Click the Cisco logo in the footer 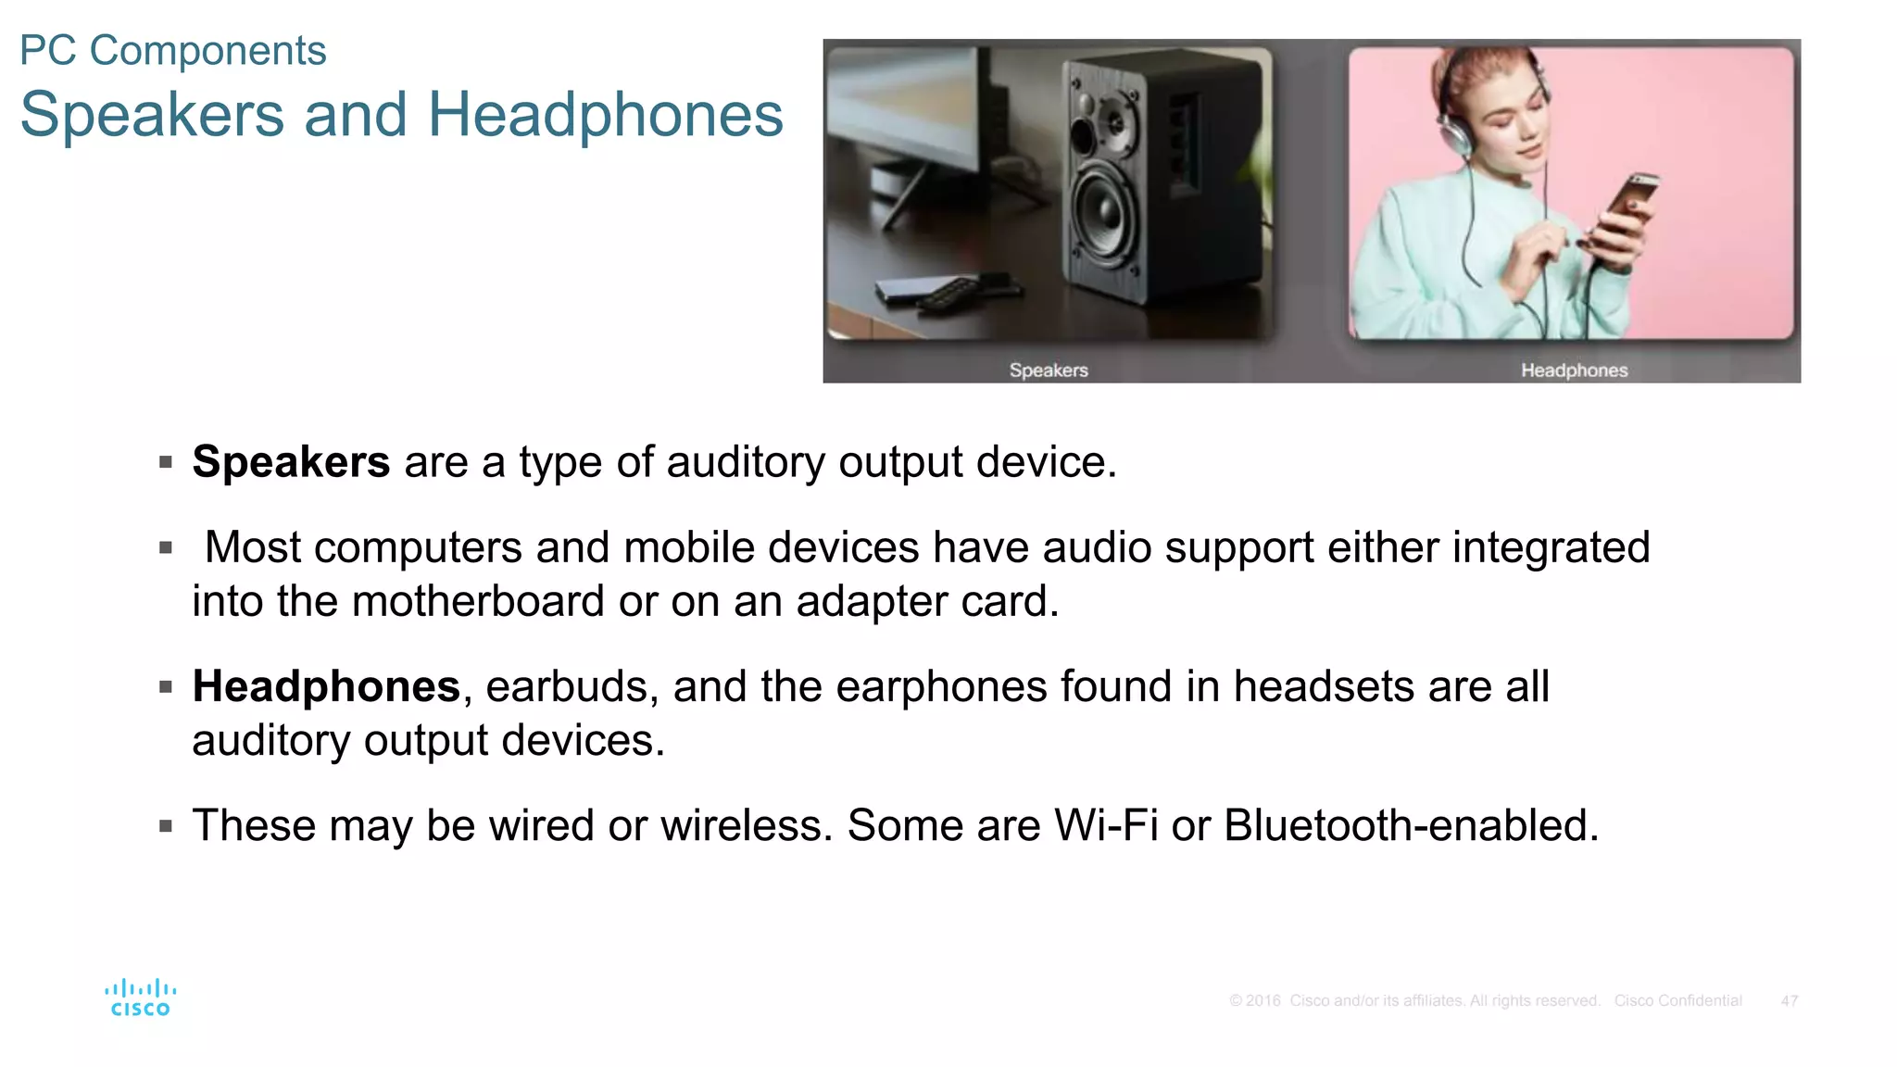click(x=140, y=998)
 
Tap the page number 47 click(x=1789, y=1001)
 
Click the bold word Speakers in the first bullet click(x=291, y=461)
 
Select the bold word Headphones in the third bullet click(x=326, y=686)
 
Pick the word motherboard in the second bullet click(x=478, y=601)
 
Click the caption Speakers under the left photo click(x=1049, y=370)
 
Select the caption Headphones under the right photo click(x=1574, y=370)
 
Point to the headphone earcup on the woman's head click(x=1455, y=135)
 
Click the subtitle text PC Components click(x=173, y=51)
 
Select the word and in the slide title click(x=356, y=115)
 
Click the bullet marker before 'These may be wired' click(x=166, y=825)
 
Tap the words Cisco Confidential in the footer click(x=1677, y=1001)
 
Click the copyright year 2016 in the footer click(x=1263, y=1001)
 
